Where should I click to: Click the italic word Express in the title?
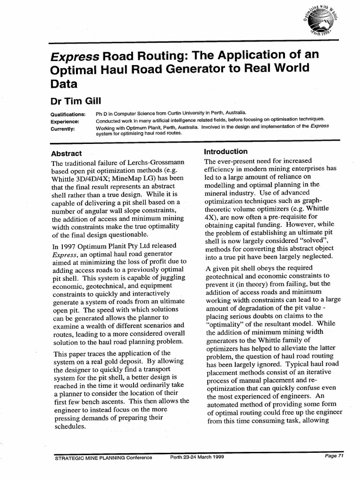pyautogui.click(x=75, y=57)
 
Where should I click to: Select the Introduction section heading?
pyautogui.click(x=225, y=151)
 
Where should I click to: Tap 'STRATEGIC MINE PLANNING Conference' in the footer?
pyautogui.click(x=104, y=457)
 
